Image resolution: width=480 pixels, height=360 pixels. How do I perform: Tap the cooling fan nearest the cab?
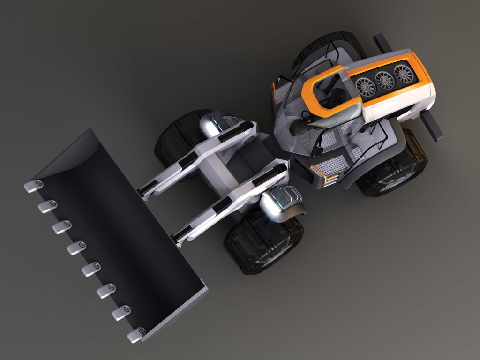[x=366, y=87]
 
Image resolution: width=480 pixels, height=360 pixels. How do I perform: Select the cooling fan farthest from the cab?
[x=404, y=74]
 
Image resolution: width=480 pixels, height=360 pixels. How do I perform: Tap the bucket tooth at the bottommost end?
[x=136, y=334]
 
